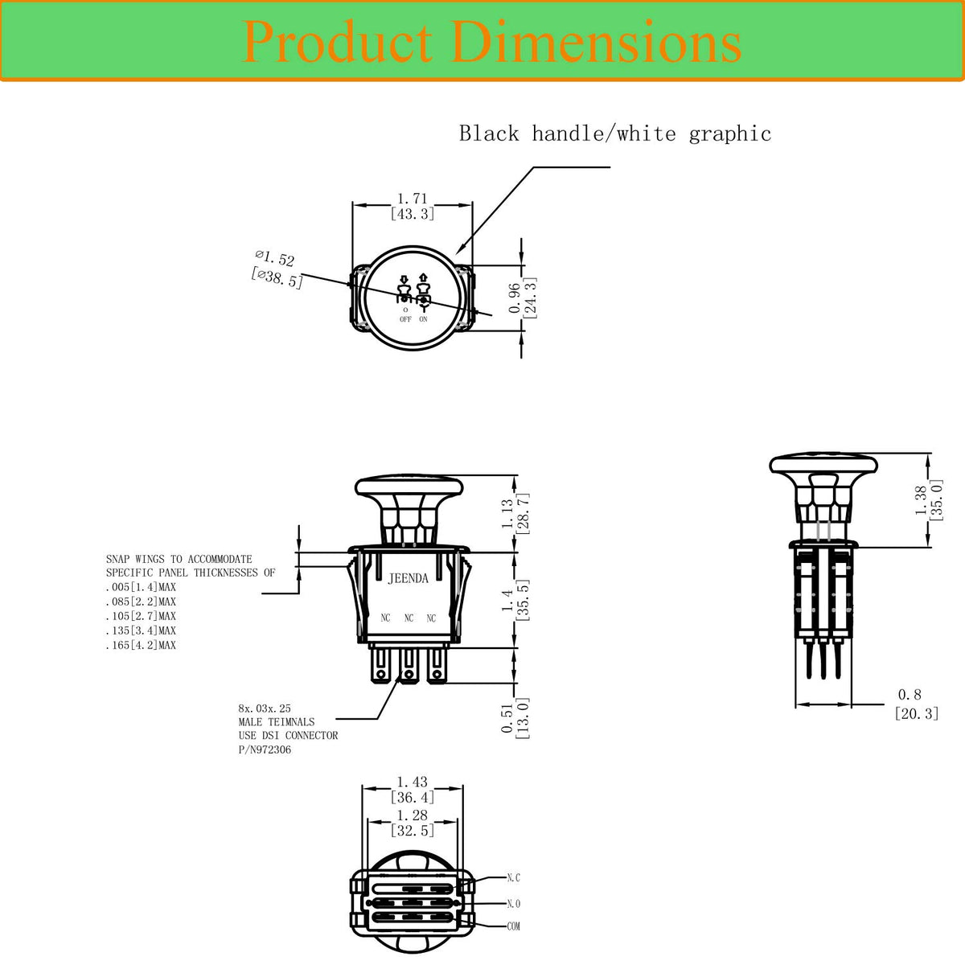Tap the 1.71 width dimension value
click(413, 199)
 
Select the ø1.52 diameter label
click(274, 258)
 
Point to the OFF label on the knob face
click(405, 319)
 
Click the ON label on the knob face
click(423, 319)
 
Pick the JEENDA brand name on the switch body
click(409, 579)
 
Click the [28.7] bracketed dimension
click(524, 513)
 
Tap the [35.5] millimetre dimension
click(524, 601)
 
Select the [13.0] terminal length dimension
click(523, 718)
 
